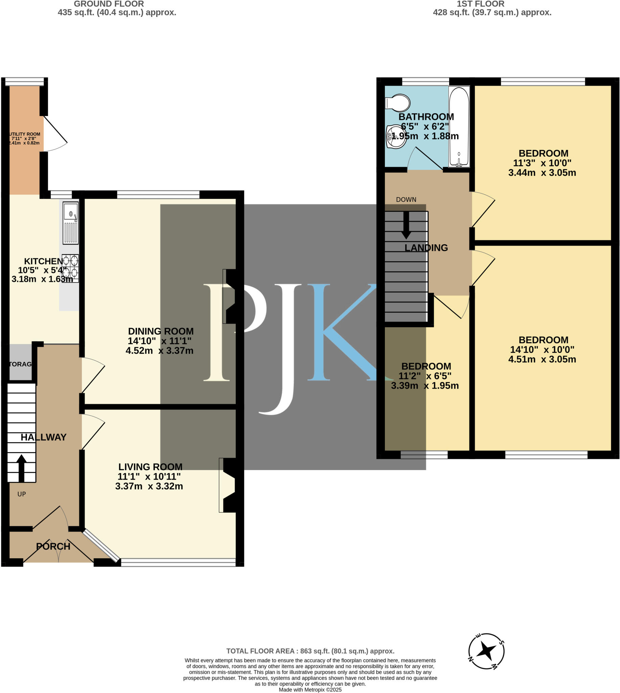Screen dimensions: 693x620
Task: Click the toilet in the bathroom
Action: coord(397,103)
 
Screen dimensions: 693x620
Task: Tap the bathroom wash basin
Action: coord(396,137)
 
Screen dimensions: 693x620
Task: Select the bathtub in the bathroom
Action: coord(459,127)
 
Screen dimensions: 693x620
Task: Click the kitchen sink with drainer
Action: coord(70,223)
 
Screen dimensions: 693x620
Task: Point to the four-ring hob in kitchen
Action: coord(70,268)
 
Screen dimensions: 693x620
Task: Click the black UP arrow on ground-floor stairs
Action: coord(21,468)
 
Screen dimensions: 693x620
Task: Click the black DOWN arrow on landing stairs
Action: coord(406,225)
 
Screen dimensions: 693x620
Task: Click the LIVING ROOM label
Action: coord(150,466)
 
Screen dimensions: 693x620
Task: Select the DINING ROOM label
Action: coord(161,331)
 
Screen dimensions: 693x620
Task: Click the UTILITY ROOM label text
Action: coord(25,134)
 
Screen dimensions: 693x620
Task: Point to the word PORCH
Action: coord(53,546)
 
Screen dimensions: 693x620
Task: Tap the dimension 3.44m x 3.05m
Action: coord(542,172)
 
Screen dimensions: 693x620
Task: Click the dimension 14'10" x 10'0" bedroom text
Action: coord(542,349)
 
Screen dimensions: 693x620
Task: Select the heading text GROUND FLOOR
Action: coord(109,4)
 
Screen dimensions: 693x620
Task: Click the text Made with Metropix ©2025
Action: coord(310,690)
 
